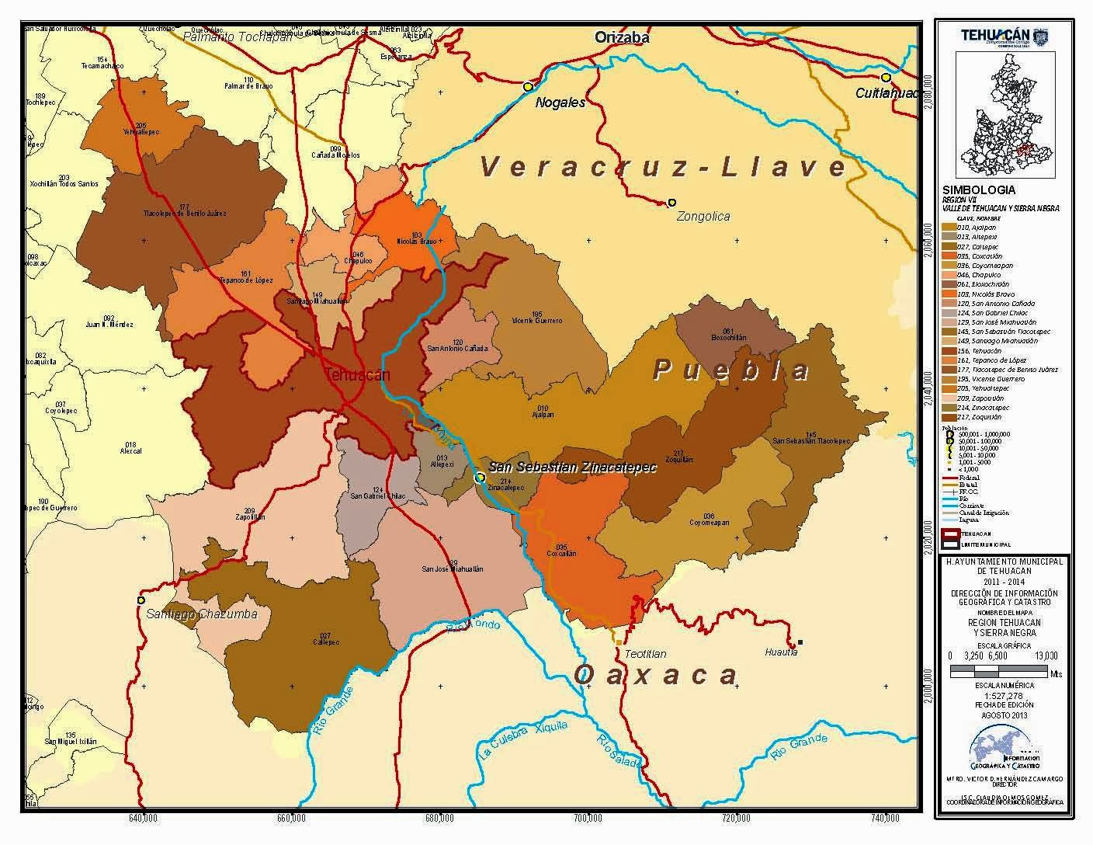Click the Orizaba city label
tap(621, 37)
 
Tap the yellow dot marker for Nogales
tap(528, 86)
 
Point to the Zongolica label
tap(703, 217)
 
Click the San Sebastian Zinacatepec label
tap(572, 468)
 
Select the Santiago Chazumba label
tap(201, 614)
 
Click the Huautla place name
tap(780, 652)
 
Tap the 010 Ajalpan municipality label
tap(543, 411)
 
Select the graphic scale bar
tap(997, 668)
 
